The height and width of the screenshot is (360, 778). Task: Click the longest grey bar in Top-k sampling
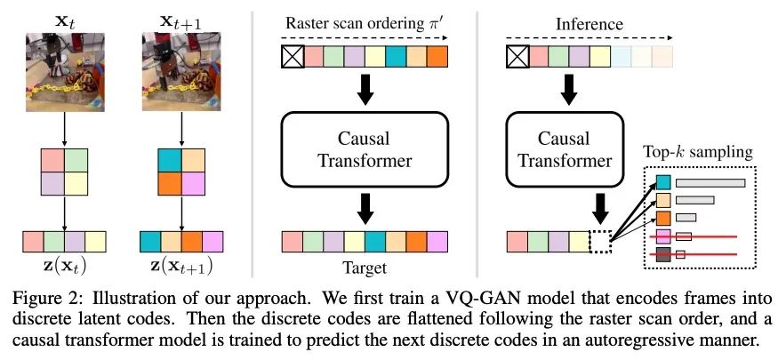(710, 182)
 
